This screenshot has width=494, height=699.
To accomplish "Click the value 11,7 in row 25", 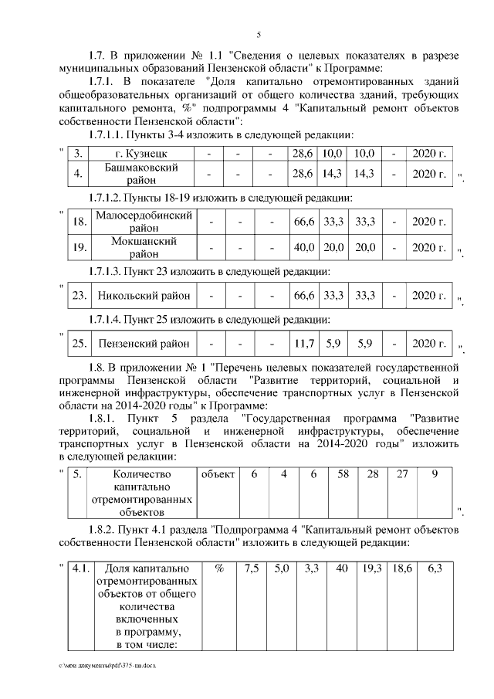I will coord(302,344).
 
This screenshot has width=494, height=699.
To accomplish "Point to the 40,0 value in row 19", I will coord(303,247).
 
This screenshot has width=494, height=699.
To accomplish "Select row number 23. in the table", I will coord(79,296).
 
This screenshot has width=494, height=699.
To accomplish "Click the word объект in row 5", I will coord(218,473).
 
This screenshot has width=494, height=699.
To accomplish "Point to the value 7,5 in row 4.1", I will coord(252,568).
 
